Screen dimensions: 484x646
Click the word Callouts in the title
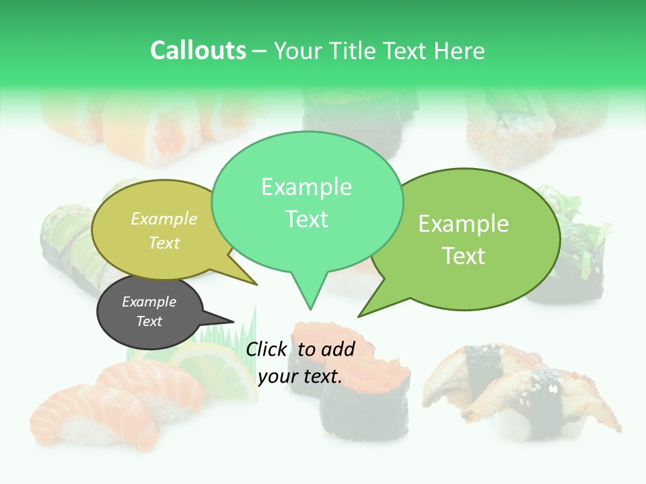click(x=198, y=50)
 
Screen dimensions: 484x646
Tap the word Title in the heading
click(x=354, y=50)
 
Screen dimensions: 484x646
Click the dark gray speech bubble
click(x=149, y=313)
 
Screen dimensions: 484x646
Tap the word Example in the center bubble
click(x=306, y=187)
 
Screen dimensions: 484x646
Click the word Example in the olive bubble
click(x=164, y=218)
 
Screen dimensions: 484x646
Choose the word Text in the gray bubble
click(x=149, y=321)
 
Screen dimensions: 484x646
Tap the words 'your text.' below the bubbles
click(x=300, y=376)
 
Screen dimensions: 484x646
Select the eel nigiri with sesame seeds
click(x=532, y=390)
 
